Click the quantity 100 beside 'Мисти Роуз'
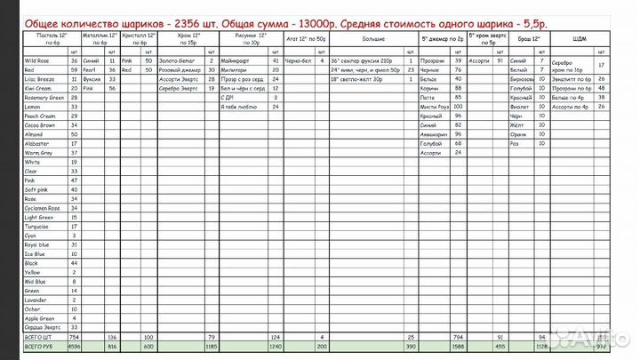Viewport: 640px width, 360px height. point(459,107)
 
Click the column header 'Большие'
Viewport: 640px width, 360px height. point(373,39)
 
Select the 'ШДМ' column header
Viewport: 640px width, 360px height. point(580,39)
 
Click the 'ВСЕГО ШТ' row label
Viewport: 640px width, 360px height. point(39,337)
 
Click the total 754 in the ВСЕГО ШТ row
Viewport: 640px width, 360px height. point(75,337)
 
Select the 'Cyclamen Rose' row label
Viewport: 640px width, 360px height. point(42,208)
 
